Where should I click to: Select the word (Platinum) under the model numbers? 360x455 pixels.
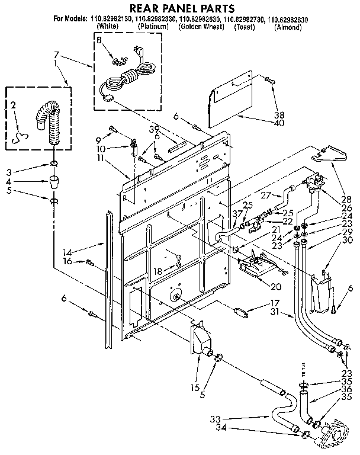[153, 27]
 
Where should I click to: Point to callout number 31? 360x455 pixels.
[275, 312]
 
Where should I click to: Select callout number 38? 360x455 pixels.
[278, 116]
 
